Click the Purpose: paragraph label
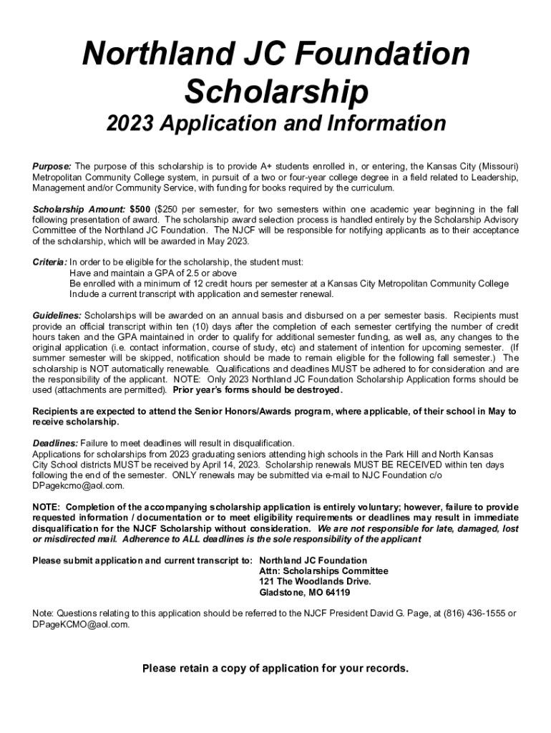(x=52, y=165)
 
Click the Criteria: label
(x=49, y=263)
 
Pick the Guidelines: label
(x=57, y=316)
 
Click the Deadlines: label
(x=55, y=444)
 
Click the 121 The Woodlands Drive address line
(x=315, y=582)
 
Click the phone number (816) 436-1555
(x=474, y=613)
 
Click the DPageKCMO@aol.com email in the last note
(x=80, y=624)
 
